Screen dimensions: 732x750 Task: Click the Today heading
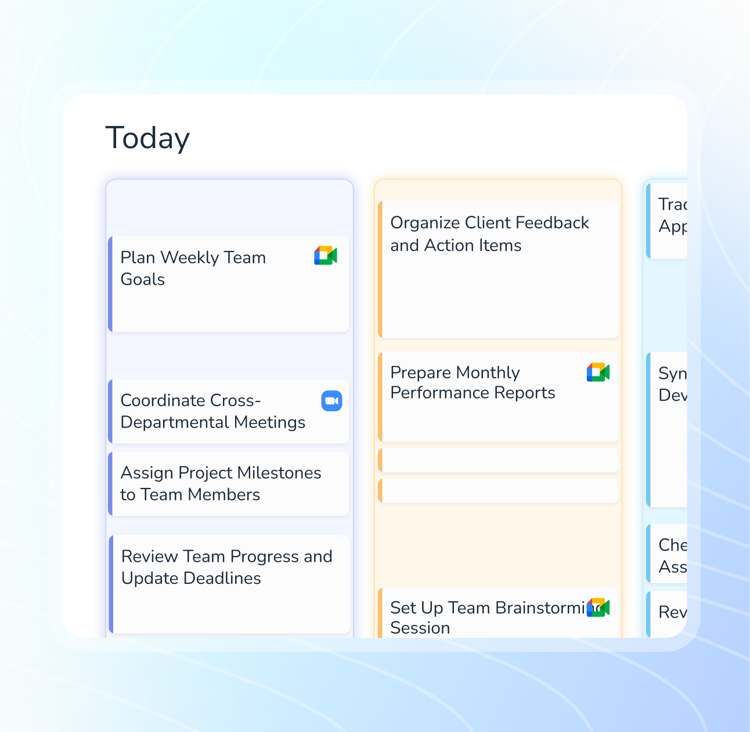tap(147, 138)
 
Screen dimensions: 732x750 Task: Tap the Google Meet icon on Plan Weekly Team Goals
tap(326, 256)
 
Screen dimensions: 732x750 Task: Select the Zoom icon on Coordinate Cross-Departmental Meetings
tap(331, 401)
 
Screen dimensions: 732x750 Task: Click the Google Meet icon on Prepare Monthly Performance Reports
tap(598, 372)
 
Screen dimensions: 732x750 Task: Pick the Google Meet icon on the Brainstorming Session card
tap(598, 608)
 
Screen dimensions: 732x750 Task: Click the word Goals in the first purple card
tap(142, 279)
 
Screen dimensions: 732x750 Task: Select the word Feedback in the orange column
tap(552, 223)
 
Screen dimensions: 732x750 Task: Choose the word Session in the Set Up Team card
tap(420, 628)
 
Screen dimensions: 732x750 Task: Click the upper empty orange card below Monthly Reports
tap(499, 460)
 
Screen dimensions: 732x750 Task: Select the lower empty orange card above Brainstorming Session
tap(499, 491)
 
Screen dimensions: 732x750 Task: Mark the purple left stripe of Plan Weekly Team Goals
tap(110, 284)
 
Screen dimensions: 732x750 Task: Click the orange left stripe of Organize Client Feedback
tap(380, 270)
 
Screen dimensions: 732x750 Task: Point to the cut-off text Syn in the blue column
tap(672, 374)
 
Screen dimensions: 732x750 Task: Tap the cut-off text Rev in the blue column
tap(672, 612)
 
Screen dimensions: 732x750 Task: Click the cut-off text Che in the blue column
tap(672, 545)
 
